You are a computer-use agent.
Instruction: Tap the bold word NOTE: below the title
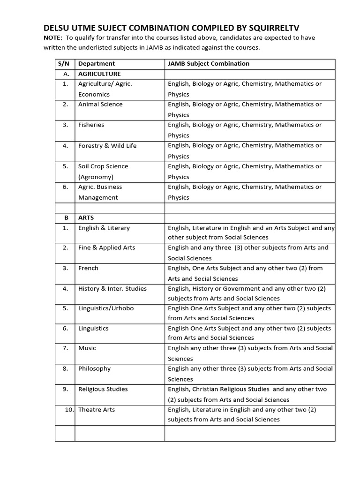coord(53,38)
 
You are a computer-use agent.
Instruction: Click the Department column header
coord(97,63)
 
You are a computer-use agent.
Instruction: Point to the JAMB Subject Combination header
coord(209,63)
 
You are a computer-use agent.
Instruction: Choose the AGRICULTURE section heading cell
coord(99,74)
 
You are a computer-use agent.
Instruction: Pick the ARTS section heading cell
coord(86,217)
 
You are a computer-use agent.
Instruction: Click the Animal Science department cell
coord(100,104)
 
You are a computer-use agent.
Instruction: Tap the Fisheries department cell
coord(91,125)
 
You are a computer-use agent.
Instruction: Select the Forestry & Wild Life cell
coord(107,145)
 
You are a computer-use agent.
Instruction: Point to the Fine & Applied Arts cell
coord(106,247)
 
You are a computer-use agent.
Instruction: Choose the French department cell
coord(88,268)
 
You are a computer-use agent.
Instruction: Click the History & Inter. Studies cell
coord(112,288)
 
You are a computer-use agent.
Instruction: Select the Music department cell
coord(87,348)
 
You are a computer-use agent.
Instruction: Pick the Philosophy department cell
coord(94,368)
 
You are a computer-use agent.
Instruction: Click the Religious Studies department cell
coord(103,389)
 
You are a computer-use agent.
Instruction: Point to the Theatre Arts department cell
coord(97,410)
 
